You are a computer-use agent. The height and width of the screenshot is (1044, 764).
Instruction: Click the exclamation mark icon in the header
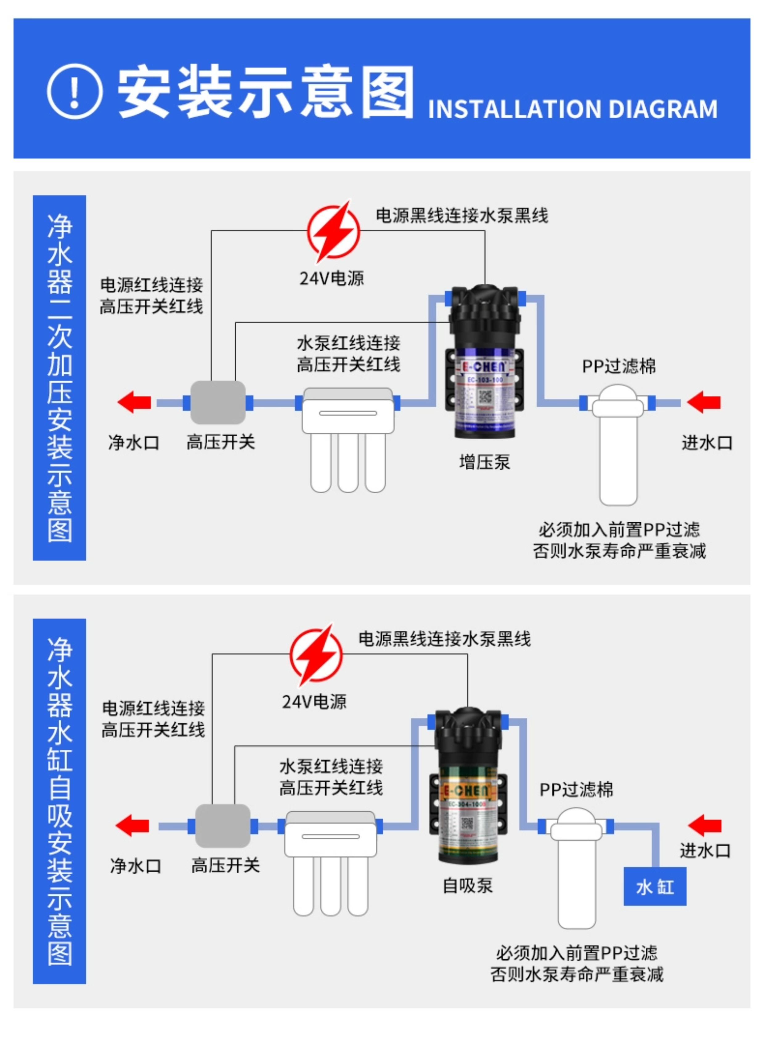tap(75, 91)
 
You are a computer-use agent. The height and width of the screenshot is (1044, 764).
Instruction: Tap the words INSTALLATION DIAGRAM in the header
tap(572, 110)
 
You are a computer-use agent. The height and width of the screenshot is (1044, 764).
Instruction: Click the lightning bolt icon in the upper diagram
tap(333, 231)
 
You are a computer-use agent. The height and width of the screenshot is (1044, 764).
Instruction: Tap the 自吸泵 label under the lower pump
tap(468, 885)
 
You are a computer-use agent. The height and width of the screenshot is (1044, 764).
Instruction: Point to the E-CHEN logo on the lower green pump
tap(465, 790)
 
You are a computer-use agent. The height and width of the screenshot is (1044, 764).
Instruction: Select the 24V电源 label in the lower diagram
tap(314, 702)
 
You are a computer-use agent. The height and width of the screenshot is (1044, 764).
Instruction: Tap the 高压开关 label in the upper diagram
tap(221, 442)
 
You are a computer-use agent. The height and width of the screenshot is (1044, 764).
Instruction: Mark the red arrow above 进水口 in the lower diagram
tap(704, 826)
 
